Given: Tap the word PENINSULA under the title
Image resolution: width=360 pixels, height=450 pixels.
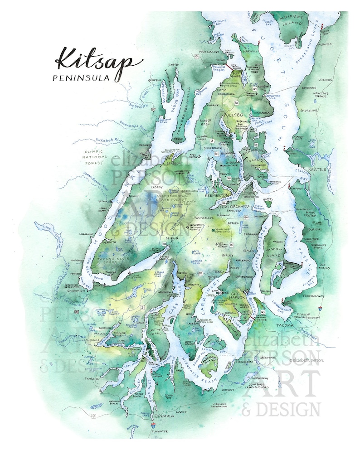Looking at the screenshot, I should tap(81, 77).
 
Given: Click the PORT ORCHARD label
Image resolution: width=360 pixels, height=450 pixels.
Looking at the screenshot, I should tap(232, 207).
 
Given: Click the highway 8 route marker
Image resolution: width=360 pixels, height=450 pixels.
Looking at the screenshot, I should tap(94, 415).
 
